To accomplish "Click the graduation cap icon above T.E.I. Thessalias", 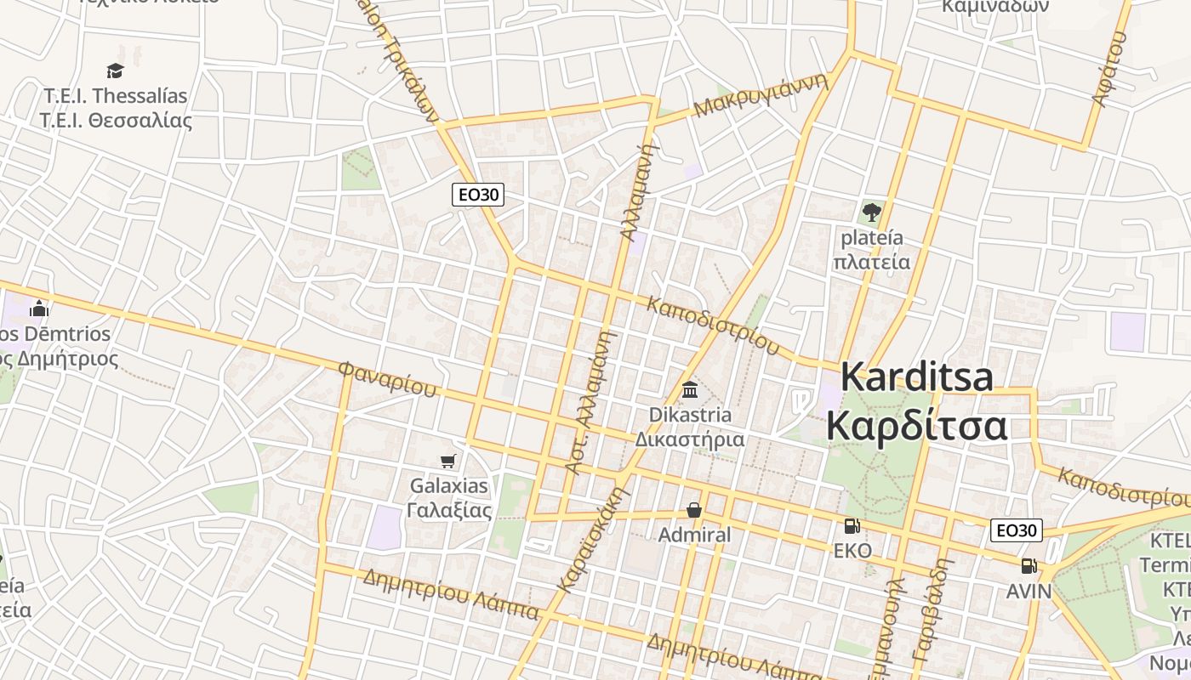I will pyautogui.click(x=115, y=71).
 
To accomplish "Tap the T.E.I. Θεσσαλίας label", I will pyautogui.click(x=116, y=120).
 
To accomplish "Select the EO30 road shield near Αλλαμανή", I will pyautogui.click(x=477, y=195).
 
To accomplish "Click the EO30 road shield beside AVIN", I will pyautogui.click(x=1016, y=530).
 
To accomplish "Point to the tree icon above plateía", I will pyautogui.click(x=870, y=212).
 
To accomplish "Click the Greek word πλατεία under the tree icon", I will pyautogui.click(x=870, y=261).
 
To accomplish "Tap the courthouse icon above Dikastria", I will pyautogui.click(x=690, y=390).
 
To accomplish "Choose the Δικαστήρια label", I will pyautogui.click(x=690, y=439).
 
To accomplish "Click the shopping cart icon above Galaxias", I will pyautogui.click(x=448, y=461).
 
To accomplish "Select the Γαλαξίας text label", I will pyautogui.click(x=449, y=510).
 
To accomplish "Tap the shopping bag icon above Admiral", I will pyautogui.click(x=694, y=510).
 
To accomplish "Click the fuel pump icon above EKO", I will pyautogui.click(x=852, y=526).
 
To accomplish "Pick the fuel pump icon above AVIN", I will pyautogui.click(x=1029, y=566).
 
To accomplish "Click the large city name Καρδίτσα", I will pyautogui.click(x=916, y=426).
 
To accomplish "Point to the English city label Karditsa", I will pyautogui.click(x=916, y=377).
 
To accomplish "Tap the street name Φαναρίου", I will pyautogui.click(x=387, y=379).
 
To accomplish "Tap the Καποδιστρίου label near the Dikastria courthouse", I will pyautogui.click(x=713, y=326).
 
